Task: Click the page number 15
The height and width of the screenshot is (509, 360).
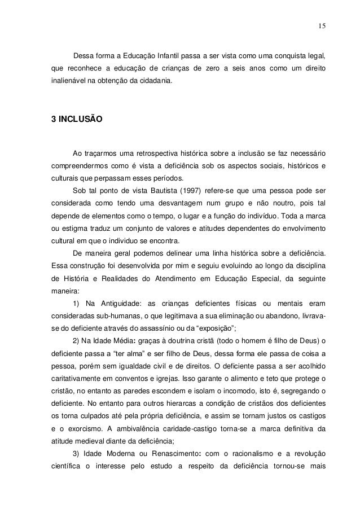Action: click(x=321, y=25)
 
